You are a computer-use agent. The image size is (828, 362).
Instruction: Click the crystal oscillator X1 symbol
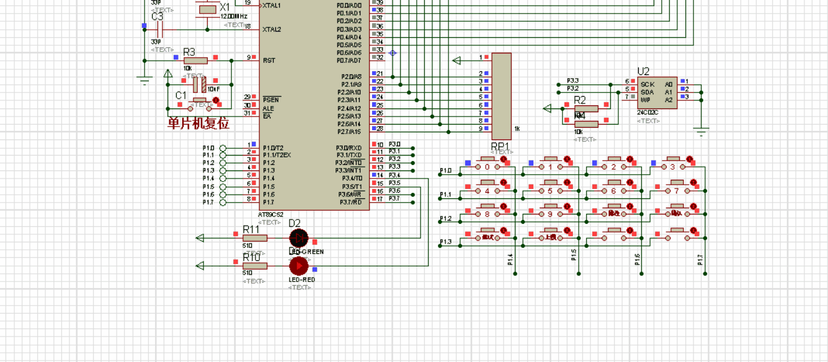(207, 9)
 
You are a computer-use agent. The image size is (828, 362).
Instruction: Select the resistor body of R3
(195, 61)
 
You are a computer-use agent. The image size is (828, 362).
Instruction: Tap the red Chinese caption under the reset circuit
(198, 123)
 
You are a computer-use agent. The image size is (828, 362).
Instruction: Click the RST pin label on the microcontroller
(269, 61)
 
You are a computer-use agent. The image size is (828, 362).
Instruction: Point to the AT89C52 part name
(271, 214)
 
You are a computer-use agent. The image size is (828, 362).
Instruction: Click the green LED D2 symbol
(299, 237)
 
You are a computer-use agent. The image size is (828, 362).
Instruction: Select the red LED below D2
(299, 266)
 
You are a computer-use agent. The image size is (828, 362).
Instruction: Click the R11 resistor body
(254, 238)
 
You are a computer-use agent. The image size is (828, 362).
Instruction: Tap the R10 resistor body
(254, 266)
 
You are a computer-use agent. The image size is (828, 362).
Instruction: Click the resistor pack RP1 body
(501, 96)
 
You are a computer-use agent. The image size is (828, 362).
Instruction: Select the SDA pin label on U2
(647, 92)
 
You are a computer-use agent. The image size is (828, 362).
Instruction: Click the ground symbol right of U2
(701, 131)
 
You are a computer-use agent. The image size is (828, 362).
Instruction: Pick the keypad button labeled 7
(676, 190)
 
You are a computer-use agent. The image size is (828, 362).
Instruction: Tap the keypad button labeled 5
(550, 190)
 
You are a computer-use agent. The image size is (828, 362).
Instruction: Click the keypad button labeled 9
(550, 214)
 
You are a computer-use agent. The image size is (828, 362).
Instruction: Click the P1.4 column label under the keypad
(511, 260)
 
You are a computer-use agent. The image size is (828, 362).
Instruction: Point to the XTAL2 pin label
(272, 29)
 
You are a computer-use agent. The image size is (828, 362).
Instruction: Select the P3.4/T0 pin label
(350, 179)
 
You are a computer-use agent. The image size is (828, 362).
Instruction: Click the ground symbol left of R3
(145, 79)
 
